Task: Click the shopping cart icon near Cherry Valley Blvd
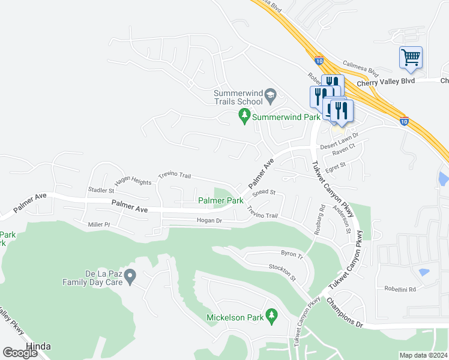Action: coord(411,58)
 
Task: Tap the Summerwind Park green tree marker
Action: coord(244,115)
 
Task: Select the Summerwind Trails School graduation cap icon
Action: coord(270,94)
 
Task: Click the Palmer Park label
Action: coord(220,200)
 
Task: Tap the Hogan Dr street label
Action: coord(209,221)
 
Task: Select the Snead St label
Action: coord(264,193)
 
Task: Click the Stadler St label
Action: coord(101,189)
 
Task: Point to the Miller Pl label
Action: coord(99,224)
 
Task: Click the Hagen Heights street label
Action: coord(133,181)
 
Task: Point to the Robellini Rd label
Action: coord(400,289)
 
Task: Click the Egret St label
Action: coord(335,166)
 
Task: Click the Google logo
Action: coord(20,352)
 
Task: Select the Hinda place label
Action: coord(38,346)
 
